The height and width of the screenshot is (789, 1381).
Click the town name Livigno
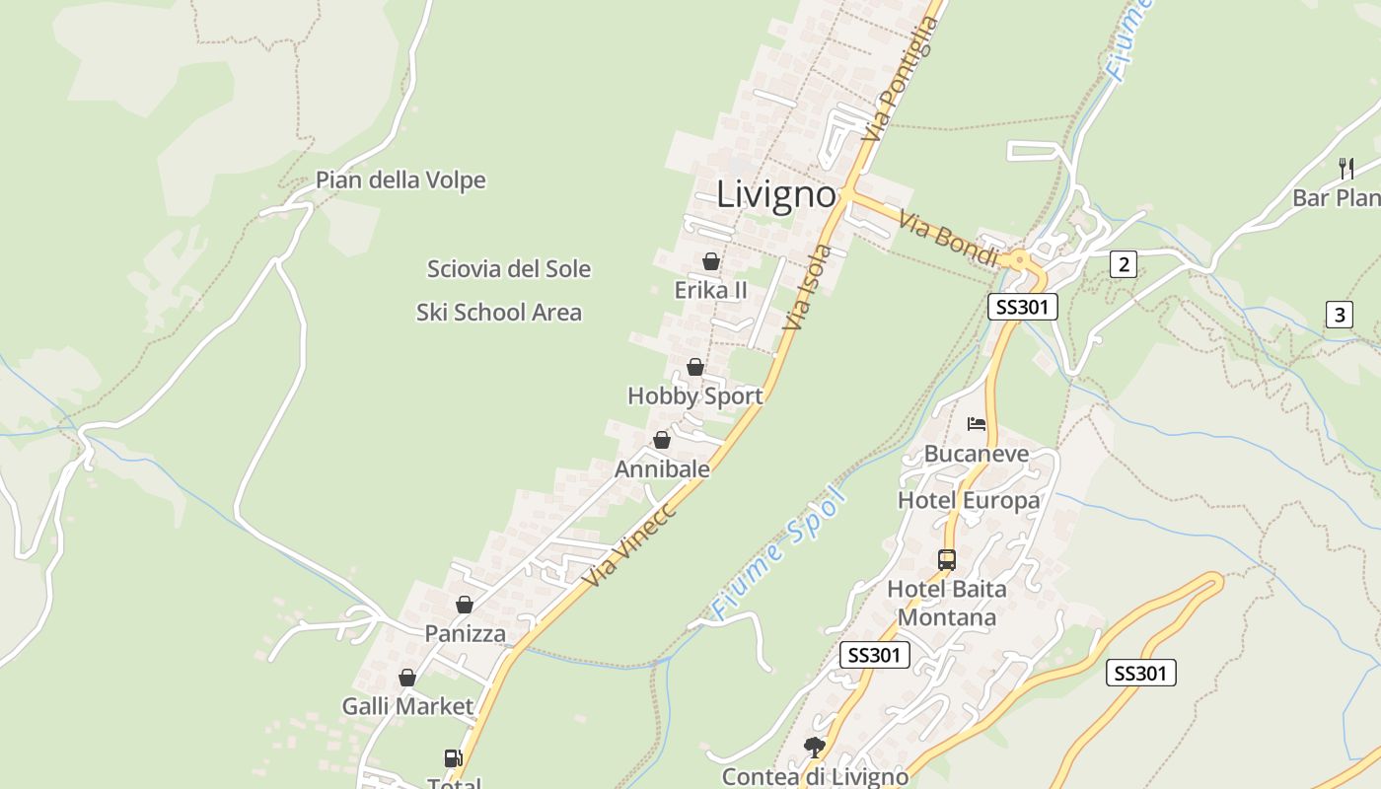776,193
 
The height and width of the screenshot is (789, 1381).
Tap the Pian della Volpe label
400,180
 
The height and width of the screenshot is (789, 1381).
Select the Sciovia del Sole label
509,268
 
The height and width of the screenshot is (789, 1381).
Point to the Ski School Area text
499,313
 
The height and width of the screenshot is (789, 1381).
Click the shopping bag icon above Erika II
710,261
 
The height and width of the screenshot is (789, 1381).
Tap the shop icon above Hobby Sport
695,367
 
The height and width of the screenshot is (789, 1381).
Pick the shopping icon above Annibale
662,440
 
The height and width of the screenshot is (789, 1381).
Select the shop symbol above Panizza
464,605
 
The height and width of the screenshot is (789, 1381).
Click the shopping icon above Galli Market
406,678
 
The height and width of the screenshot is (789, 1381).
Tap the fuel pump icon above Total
453,758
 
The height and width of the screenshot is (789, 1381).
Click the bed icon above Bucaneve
977,424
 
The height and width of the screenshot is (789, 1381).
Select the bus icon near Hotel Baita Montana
947,560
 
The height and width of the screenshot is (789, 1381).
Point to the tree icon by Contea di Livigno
814,747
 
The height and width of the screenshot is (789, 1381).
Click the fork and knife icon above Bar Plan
1345,169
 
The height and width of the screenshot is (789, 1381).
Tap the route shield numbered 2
1123,264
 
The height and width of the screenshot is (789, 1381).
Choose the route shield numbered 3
1339,316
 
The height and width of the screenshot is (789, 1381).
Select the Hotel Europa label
969,500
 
